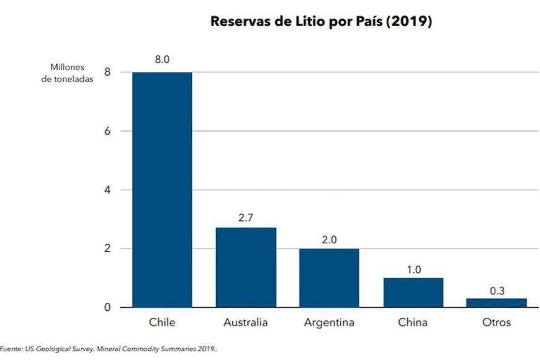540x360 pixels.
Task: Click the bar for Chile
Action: coord(162,189)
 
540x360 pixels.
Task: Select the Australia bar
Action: coord(246,267)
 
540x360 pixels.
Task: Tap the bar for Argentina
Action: coord(329,277)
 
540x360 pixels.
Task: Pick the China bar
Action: coord(413,292)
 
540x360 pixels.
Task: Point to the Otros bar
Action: coord(497,303)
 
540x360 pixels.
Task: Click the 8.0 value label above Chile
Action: coord(163,60)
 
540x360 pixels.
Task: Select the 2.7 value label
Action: coord(246,217)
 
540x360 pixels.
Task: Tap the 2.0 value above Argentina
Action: coord(330,238)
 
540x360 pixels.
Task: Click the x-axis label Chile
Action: coord(162,323)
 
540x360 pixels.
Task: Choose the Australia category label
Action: coord(246,323)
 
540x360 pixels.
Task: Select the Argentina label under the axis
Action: coord(330,323)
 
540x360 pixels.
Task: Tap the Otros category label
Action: coord(497,323)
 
